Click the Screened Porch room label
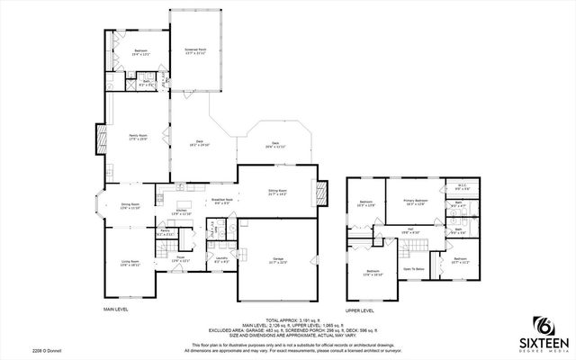(x=196, y=51)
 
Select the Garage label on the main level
(x=278, y=260)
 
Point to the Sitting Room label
(x=277, y=192)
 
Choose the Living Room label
(x=130, y=263)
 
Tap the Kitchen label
(x=181, y=212)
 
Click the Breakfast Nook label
(x=221, y=201)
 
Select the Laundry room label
(x=220, y=260)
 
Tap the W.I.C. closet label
(x=461, y=189)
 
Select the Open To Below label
(x=413, y=268)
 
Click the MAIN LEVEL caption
(x=116, y=309)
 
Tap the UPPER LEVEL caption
(x=360, y=309)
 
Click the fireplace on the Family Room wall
(x=99, y=137)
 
